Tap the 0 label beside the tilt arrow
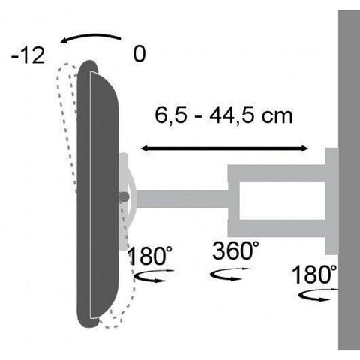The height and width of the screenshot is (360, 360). click(x=139, y=54)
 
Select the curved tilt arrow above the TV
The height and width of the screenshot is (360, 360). click(x=91, y=35)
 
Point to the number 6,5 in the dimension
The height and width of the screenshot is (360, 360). click(x=171, y=116)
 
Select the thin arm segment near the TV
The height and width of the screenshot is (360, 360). click(x=181, y=199)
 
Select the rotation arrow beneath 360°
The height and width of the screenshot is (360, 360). click(x=230, y=275)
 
